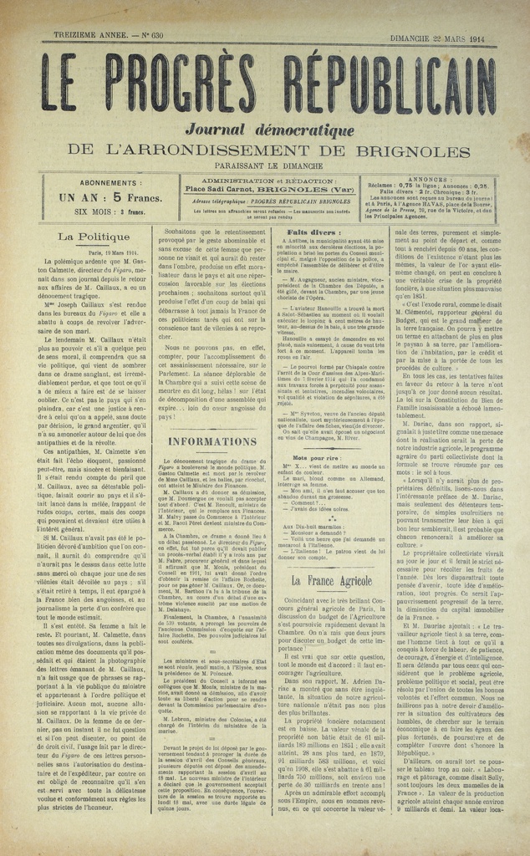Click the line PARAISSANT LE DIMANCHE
[265, 167]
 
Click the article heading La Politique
[94, 237]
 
